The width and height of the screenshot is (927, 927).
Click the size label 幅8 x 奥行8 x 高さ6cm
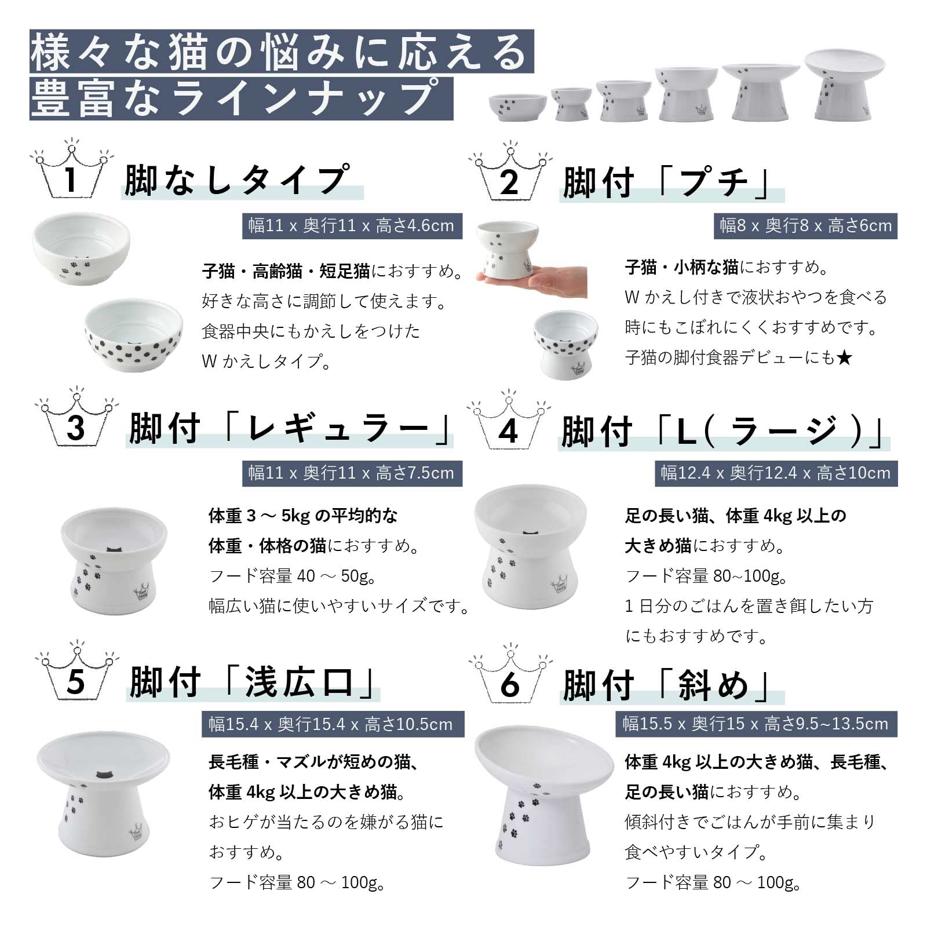point(805,225)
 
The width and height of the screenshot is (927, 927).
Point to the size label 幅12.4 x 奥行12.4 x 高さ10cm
point(776,473)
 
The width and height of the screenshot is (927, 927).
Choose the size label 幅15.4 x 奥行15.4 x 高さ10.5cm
point(333,724)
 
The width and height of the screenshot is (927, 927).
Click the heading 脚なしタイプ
point(238,180)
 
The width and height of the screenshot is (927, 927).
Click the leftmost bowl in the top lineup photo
point(517,108)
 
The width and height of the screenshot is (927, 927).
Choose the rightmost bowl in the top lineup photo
point(845,85)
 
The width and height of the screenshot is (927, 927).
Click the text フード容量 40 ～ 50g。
point(293,576)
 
